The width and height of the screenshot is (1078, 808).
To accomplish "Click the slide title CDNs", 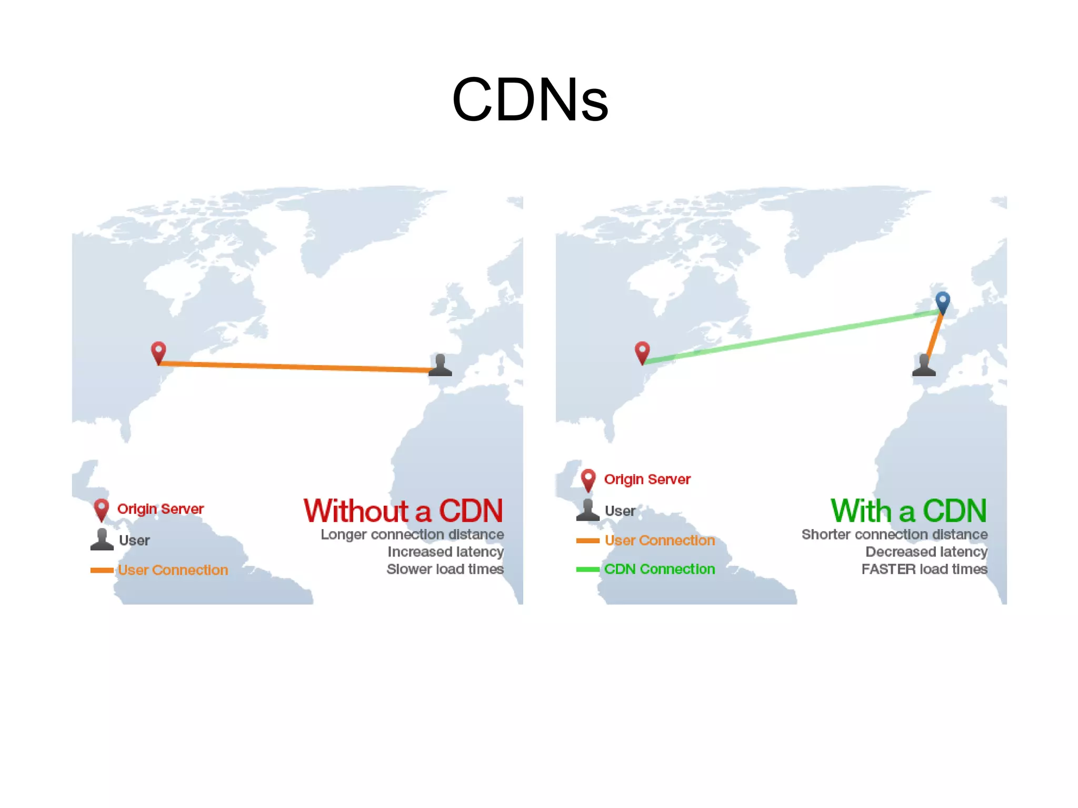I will point(530,100).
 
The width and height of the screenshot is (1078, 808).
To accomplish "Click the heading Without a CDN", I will point(403,511).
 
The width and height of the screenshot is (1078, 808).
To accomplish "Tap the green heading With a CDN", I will point(909,511).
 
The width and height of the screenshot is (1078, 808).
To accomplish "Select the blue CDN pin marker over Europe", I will point(942,302).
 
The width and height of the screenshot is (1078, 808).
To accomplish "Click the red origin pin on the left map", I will point(158,352).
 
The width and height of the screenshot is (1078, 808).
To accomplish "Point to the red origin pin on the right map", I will point(642,352).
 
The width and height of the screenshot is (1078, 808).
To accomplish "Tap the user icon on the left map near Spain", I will point(440,365).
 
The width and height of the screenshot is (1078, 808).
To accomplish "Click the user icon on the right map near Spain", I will point(924,365).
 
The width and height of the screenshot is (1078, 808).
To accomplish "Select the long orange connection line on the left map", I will point(295,366).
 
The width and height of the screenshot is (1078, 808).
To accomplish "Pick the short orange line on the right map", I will point(935,334).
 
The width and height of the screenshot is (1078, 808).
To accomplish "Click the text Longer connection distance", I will point(412,534).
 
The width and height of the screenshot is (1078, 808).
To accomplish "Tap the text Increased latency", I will point(445,552).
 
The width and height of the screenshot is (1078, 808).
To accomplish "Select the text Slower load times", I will point(445,569).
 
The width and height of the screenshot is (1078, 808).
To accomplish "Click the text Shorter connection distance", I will point(894,534).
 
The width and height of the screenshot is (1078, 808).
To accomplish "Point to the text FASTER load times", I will point(924,569).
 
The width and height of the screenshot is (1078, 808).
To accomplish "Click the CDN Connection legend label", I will point(659,569).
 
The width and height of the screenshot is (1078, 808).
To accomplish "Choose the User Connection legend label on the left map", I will point(173,570).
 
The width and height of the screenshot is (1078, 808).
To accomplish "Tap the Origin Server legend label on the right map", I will point(647,479).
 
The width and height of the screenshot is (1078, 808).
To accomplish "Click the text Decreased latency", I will point(926,552).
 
